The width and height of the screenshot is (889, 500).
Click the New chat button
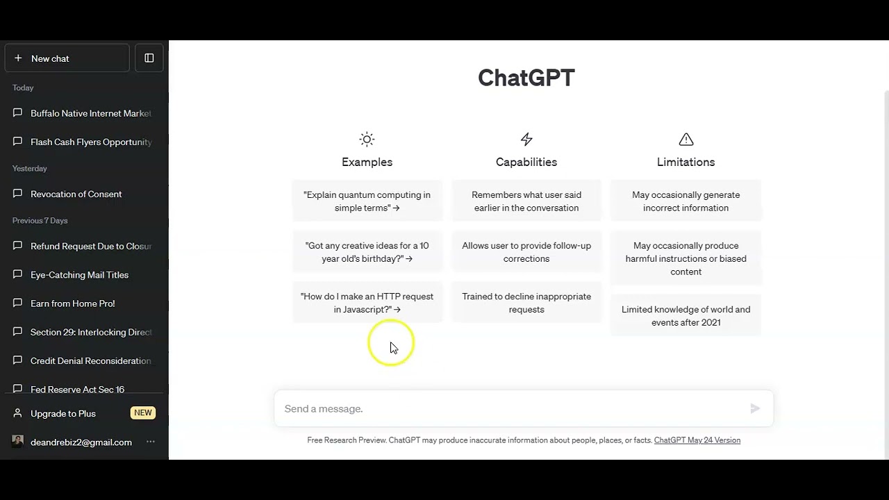pos(67,58)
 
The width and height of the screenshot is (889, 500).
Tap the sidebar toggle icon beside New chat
pos(149,58)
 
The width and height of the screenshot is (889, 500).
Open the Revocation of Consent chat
pos(76,194)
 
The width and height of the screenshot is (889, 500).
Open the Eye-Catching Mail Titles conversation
pos(79,274)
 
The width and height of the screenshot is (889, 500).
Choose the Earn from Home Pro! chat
pos(73,303)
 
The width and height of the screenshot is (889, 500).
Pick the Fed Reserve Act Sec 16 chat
pos(77,389)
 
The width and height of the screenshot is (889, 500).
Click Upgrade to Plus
pos(63,413)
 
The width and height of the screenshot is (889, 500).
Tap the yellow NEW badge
pos(143,413)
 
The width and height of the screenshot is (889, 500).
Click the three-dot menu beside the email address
pos(151,442)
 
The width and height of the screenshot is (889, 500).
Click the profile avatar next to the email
pos(17,441)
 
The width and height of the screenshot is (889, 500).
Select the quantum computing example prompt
pos(367,201)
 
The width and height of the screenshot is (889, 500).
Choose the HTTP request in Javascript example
pos(367,303)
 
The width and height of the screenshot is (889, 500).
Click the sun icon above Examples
pos(367,140)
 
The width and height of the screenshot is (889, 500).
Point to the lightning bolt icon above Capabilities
pos(526,140)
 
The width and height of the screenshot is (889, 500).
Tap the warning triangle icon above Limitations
pos(686,140)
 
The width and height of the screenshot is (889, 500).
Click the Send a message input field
pos(512,409)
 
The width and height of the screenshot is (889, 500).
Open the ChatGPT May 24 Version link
pos(697,440)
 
